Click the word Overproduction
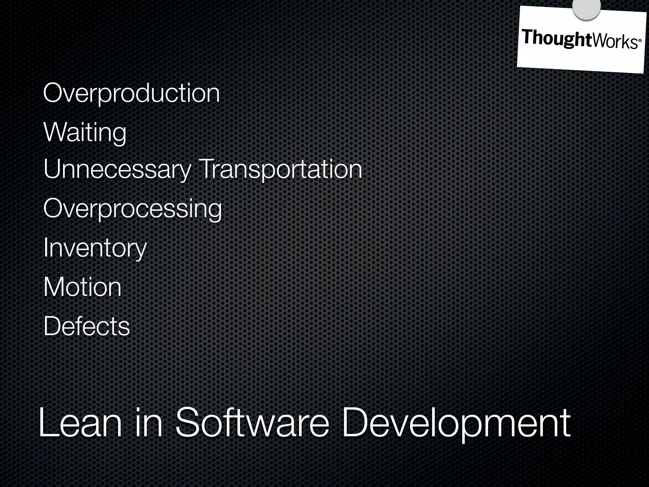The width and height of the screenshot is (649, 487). coord(131,93)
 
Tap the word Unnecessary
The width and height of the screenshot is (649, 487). coord(117,170)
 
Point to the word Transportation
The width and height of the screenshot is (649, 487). coord(280,170)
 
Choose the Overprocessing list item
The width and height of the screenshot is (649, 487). coord(132,209)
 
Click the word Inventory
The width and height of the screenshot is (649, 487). coord(95,248)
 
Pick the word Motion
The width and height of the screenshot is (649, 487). coord(82,287)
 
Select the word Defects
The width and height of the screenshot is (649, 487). coord(87,326)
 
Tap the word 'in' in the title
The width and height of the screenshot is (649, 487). coord(149,423)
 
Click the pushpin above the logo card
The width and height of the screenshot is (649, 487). coord(586,8)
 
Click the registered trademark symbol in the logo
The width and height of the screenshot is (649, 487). coord(639,41)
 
